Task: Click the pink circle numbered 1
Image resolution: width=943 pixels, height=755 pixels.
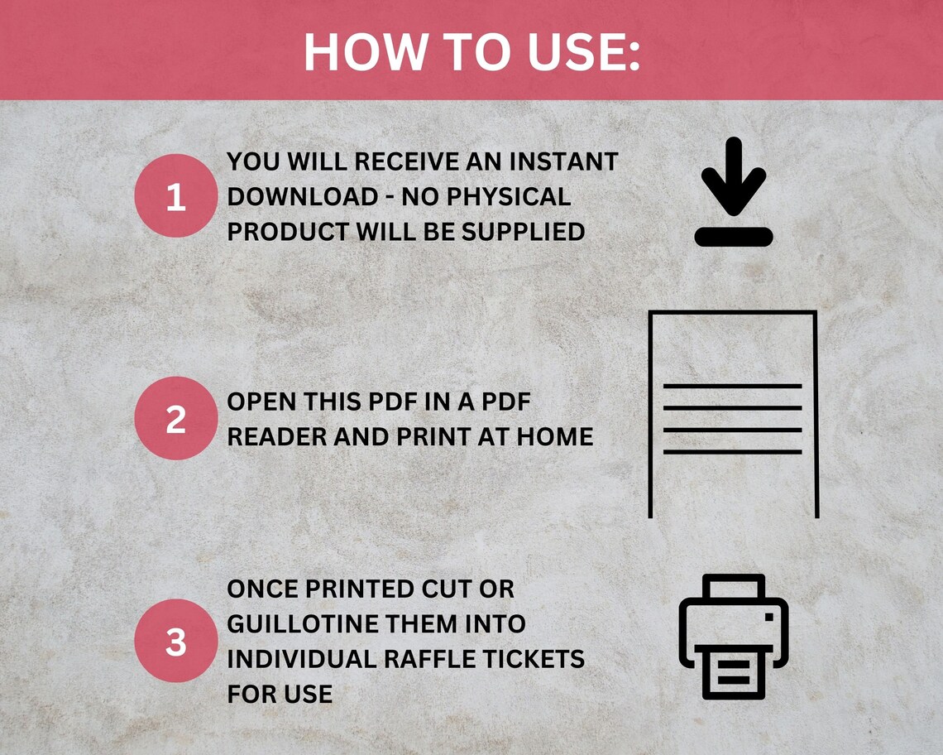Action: [175, 197]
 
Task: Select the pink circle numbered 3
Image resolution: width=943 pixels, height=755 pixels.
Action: [175, 641]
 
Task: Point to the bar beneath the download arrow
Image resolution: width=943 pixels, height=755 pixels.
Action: [733, 237]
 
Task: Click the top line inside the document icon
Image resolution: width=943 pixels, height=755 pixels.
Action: [733, 387]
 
